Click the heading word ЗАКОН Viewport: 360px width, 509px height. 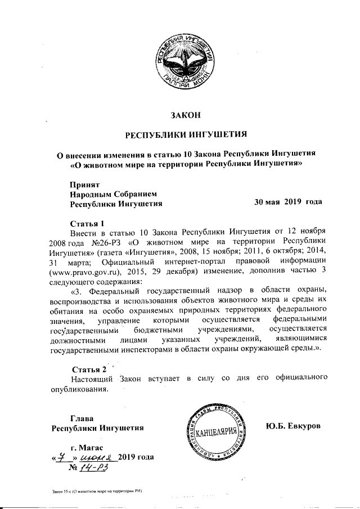point(185,116)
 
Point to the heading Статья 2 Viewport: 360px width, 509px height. point(86,369)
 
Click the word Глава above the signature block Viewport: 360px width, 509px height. point(82,417)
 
